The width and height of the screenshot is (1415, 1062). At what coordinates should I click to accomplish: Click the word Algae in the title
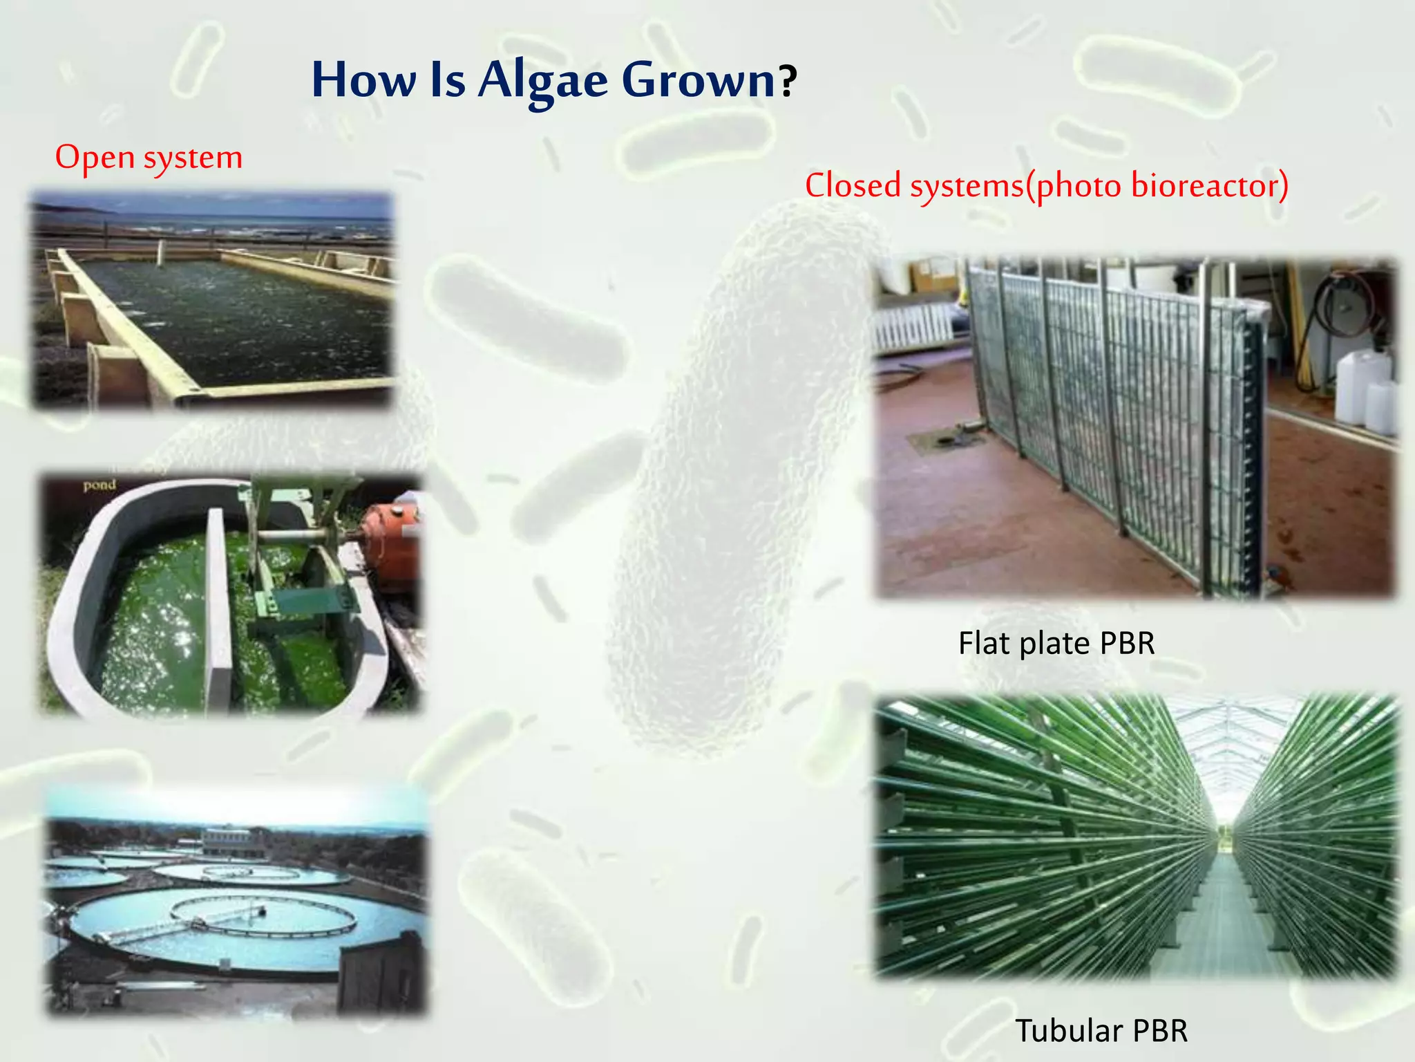[x=542, y=80]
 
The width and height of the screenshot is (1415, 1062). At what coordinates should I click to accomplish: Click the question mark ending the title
[x=788, y=82]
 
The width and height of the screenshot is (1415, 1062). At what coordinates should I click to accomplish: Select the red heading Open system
[x=149, y=158]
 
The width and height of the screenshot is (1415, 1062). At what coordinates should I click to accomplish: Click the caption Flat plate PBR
[x=1056, y=643]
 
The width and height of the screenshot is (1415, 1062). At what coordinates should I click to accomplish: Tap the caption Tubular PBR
[x=1101, y=1030]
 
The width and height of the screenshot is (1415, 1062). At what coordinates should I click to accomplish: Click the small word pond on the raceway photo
[x=99, y=485]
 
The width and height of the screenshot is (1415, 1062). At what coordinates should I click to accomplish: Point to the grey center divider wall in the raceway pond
[x=218, y=608]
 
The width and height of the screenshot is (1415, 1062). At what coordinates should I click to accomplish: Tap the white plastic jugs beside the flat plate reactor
[x=1365, y=387]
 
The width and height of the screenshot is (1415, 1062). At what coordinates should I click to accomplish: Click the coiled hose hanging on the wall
[x=1340, y=304]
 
